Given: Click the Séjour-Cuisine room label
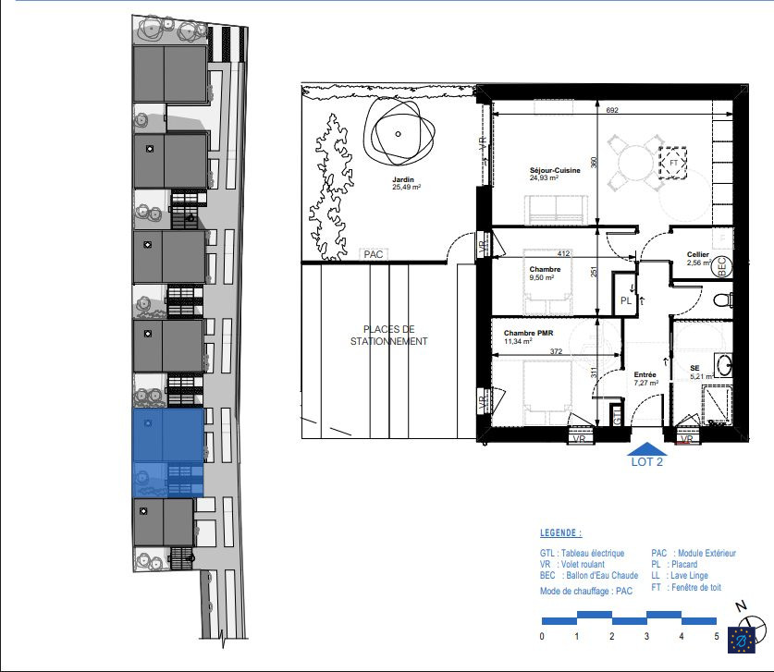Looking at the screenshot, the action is click(555, 170).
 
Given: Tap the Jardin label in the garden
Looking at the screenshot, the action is click(403, 179).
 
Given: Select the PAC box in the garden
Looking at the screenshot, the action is click(374, 254).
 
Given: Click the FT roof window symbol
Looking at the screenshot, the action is click(673, 163).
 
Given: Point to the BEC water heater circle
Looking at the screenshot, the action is click(721, 267).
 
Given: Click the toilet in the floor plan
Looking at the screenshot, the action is click(724, 300).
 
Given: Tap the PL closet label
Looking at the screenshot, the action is click(626, 300).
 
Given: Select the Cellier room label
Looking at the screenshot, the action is click(698, 254).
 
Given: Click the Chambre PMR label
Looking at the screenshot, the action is click(528, 333).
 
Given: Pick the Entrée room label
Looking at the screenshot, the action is click(645, 375).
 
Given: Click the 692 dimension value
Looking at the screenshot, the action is click(612, 110).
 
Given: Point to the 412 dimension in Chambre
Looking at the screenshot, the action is click(563, 253).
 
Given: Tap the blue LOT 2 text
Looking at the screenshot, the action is click(647, 462).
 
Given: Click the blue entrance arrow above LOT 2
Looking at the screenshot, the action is click(647, 448).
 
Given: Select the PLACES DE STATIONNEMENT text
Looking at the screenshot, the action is click(389, 336).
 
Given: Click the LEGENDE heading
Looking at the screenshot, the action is click(560, 532).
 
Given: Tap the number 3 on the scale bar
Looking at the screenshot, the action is click(646, 636).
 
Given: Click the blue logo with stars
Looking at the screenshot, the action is click(742, 640).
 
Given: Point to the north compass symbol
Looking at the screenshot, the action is click(754, 622).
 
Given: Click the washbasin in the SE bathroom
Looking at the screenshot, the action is click(725, 366).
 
